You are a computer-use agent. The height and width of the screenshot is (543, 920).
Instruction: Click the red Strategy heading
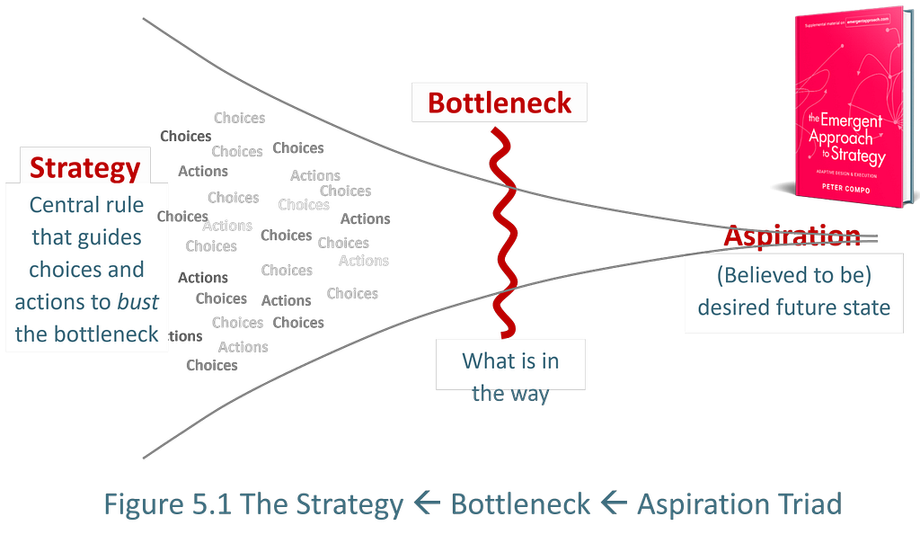tap(85, 168)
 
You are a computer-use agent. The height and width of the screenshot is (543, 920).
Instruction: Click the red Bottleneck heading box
tap(499, 102)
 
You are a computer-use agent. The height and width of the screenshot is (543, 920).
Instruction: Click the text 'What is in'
tap(510, 361)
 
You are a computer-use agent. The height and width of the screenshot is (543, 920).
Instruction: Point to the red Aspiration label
tap(791, 236)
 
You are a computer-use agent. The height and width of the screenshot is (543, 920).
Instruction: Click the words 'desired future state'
tap(794, 307)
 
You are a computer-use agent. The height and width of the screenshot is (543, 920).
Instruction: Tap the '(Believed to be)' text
tap(794, 274)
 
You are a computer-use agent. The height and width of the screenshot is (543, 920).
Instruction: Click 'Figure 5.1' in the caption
tap(168, 503)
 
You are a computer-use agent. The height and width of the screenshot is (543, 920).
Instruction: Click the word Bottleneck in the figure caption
tap(520, 503)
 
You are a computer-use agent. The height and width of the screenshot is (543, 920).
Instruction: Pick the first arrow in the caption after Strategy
tap(427, 503)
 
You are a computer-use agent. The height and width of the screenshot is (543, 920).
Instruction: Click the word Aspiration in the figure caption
tap(700, 503)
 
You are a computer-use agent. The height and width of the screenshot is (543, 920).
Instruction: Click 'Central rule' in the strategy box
tap(86, 205)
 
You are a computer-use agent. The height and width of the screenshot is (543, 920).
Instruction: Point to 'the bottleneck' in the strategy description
tap(86, 334)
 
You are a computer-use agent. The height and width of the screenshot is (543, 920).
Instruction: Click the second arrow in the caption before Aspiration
tap(614, 503)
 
